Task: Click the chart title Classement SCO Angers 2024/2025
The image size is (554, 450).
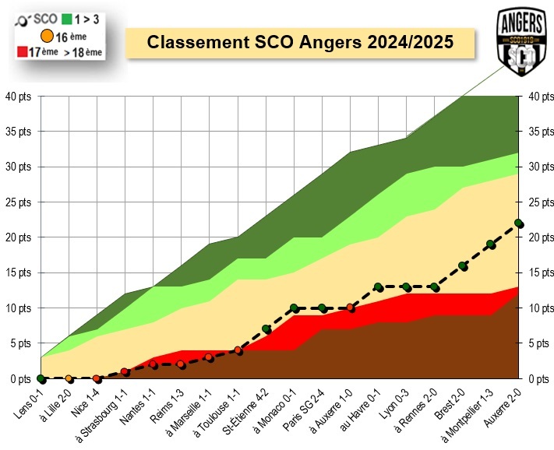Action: (300, 41)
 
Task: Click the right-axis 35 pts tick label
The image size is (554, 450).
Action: (539, 132)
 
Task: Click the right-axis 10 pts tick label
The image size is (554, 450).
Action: (539, 308)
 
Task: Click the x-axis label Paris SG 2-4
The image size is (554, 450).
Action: (309, 405)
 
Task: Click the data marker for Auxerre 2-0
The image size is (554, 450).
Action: (519, 223)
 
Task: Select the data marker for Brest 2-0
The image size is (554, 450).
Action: (463, 265)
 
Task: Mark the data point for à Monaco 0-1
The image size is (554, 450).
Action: (294, 308)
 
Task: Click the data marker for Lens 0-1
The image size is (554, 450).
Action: (41, 379)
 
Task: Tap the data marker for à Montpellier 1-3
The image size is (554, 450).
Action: (491, 244)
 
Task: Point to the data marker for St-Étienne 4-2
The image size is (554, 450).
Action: (266, 329)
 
